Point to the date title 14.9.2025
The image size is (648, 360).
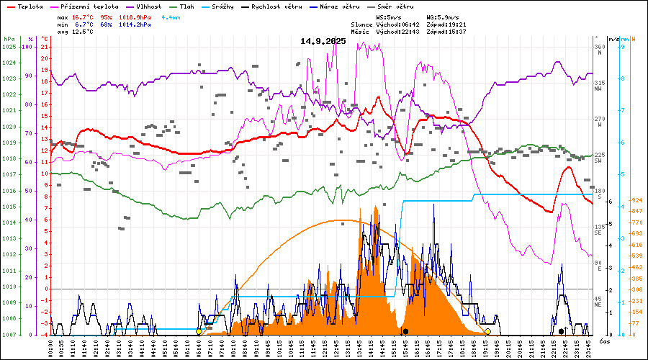tap(323, 41)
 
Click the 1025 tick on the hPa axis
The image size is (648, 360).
tap(9, 47)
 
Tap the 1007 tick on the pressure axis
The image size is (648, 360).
tap(9, 335)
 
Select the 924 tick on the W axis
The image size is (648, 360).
tap(636, 200)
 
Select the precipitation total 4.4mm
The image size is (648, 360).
tap(171, 17)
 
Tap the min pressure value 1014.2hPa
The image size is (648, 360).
tap(135, 24)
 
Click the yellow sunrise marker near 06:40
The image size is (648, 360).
tap(199, 331)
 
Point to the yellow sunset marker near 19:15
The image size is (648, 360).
tap(487, 331)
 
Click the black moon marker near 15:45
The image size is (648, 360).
tap(405, 331)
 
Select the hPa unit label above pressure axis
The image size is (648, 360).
tap(9, 38)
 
